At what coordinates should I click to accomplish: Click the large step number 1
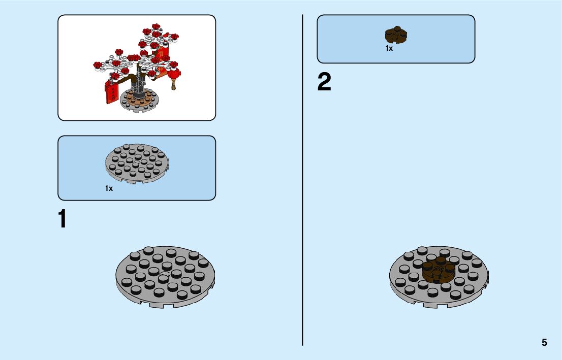pos(62,219)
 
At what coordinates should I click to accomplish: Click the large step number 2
pos(324,82)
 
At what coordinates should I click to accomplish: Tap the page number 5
pos(544,342)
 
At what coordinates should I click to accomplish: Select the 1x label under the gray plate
pos(109,188)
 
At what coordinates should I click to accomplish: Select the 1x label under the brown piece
pos(389,49)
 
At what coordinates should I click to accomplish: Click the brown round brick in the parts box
pos(397,35)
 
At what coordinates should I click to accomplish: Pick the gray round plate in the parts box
pos(137,162)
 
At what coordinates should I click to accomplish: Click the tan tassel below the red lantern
pos(174,86)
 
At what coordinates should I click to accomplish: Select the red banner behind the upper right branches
pos(162,52)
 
